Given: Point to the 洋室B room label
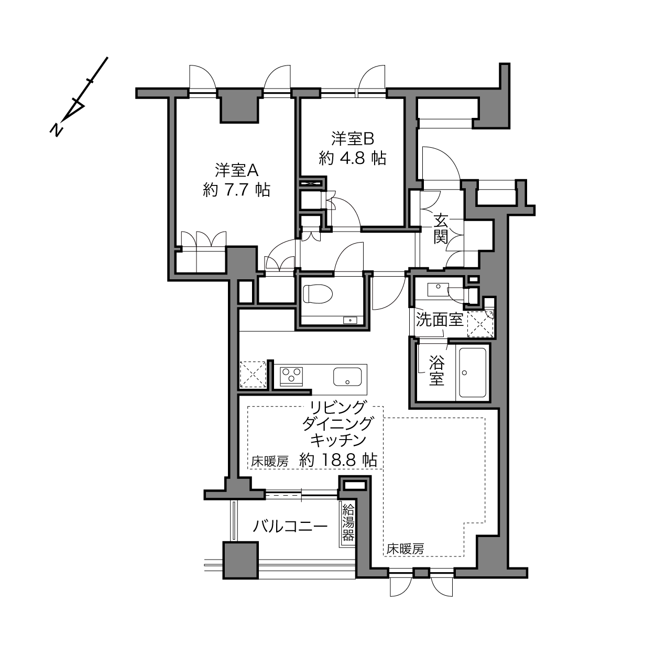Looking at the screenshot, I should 352,139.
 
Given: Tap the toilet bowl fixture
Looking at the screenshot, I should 318,294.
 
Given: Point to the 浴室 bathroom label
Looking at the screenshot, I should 436,370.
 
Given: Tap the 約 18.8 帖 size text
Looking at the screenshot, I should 338,461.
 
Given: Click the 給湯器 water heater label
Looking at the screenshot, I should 347,522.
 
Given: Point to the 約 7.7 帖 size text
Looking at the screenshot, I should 237,189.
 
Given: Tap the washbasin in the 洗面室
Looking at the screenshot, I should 438,289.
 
